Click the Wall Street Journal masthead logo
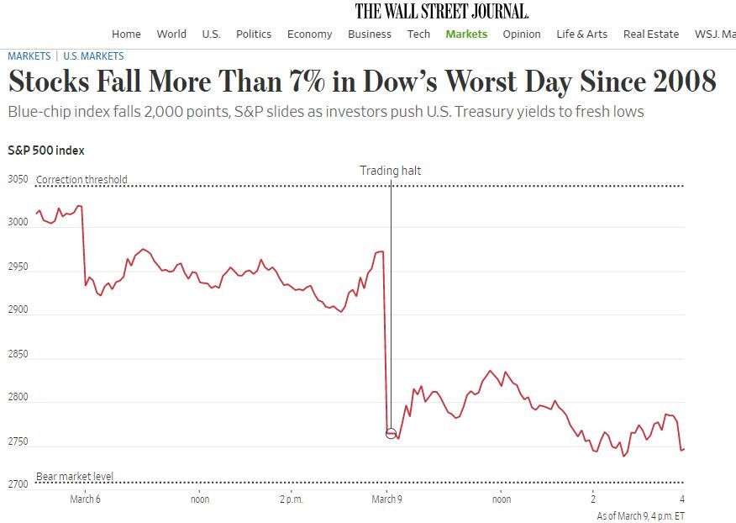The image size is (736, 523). (x=441, y=11)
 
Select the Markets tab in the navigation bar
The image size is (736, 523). (x=466, y=34)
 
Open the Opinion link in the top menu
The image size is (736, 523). (x=522, y=34)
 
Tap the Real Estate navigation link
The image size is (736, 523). (x=650, y=34)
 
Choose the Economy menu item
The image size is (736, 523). (x=309, y=34)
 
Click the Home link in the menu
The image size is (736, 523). (x=126, y=34)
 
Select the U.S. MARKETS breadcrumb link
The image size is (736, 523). (x=93, y=56)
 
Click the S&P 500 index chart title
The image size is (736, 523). (x=45, y=151)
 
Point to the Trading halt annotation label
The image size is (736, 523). (x=390, y=171)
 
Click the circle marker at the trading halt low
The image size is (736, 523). (x=391, y=433)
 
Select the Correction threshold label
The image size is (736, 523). (x=81, y=179)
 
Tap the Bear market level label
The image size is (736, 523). (x=74, y=477)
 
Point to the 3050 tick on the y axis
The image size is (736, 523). (x=18, y=179)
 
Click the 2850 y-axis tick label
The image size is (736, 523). (x=18, y=354)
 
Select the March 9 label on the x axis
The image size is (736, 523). (x=386, y=499)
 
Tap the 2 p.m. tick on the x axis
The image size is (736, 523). (x=291, y=499)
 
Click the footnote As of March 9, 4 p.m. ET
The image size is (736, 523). (x=640, y=515)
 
